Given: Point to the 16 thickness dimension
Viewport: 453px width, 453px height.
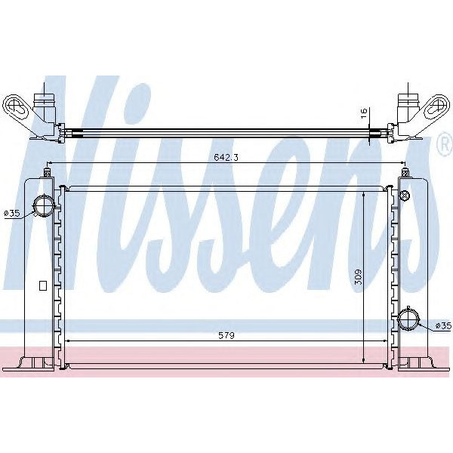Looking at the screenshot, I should [363, 114].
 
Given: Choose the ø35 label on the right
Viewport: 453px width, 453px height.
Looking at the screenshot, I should [443, 325].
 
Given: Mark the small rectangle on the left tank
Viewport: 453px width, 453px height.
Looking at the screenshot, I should [42, 286].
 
